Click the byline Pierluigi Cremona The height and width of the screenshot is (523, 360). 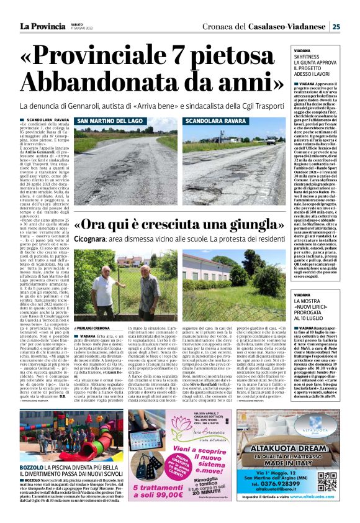94,328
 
